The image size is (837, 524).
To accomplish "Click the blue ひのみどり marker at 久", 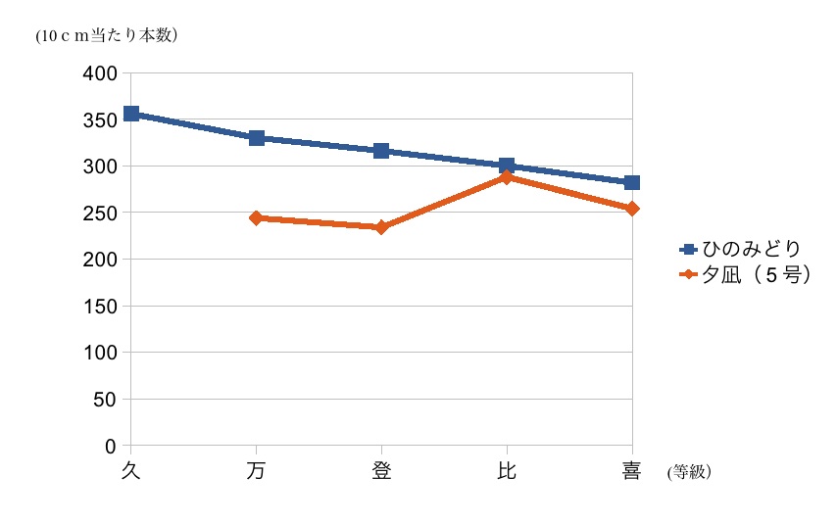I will pyautogui.click(x=130, y=114).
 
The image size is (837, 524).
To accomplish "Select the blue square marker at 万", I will pyautogui.click(x=256, y=138).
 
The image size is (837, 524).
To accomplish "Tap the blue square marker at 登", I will pyautogui.click(x=381, y=151).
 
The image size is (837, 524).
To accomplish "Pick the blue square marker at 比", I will pyautogui.click(x=507, y=166).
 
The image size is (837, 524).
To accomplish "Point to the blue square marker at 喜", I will pyautogui.click(x=632, y=182).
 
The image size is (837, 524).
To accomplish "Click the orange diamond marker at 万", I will pyautogui.click(x=256, y=217).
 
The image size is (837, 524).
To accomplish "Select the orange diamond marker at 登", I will pyautogui.click(x=381, y=227).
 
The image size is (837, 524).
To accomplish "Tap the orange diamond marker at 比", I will pyautogui.click(x=507, y=177).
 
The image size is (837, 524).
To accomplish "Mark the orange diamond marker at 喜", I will pyautogui.click(x=632, y=209).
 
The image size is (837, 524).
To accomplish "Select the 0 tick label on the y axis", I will pyautogui.click(x=111, y=446).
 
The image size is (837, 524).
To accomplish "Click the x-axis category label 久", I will pyautogui.click(x=130, y=471).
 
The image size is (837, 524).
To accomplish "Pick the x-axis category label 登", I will pyautogui.click(x=381, y=471).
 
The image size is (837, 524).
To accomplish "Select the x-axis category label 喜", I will pyautogui.click(x=632, y=471).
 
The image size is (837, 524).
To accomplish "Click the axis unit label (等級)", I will pyautogui.click(x=688, y=472).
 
